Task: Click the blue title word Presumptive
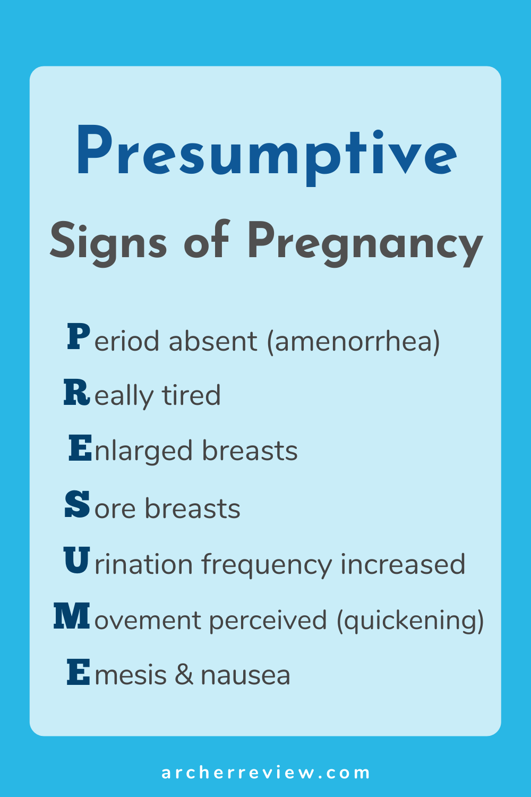click(267, 156)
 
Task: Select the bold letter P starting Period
click(79, 336)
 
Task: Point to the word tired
click(191, 395)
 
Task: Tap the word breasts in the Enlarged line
click(250, 451)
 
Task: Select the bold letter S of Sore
click(77, 504)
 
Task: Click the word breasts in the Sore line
click(192, 508)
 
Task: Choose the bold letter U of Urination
click(76, 560)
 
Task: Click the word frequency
click(267, 564)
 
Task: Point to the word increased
click(403, 564)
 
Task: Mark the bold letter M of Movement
click(72, 615)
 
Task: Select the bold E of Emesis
click(78, 672)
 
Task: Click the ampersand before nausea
click(184, 675)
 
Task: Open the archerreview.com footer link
click(265, 773)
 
